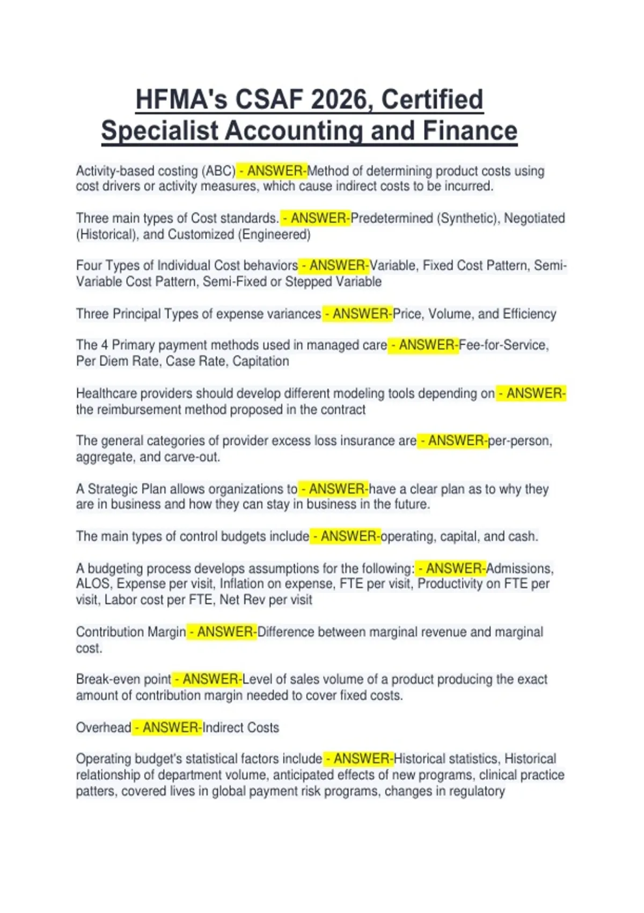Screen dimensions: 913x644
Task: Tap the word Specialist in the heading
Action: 159,132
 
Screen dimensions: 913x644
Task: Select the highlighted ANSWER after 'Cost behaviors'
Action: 338,265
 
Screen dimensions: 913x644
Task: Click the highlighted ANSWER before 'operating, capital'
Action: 349,536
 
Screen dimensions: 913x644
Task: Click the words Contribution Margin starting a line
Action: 131,632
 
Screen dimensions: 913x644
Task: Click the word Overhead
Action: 104,727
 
